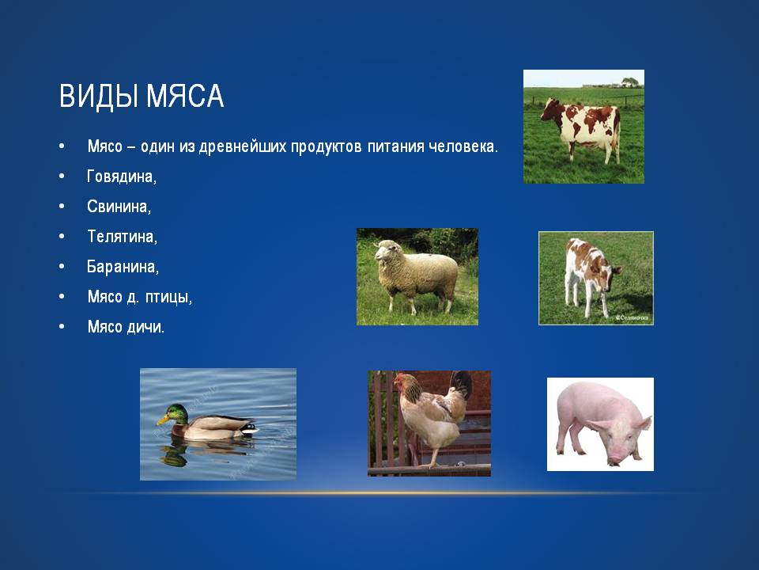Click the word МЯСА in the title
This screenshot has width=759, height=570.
[x=185, y=96]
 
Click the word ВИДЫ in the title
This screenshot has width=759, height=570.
[x=100, y=96]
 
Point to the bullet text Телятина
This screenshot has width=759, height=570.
[x=122, y=237]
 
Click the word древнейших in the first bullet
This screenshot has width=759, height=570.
[x=243, y=147]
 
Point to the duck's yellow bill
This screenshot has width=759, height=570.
[x=163, y=420]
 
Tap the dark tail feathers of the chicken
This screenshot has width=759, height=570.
[x=460, y=385]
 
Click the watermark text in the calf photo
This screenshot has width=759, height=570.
[x=633, y=318]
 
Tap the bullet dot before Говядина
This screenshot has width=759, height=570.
[x=62, y=176]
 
